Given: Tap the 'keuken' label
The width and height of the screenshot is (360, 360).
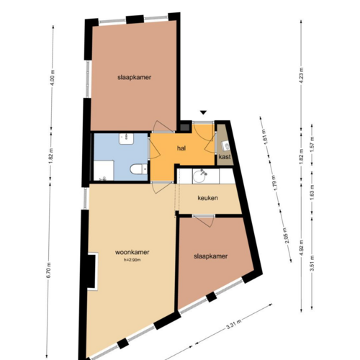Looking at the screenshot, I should point(208,198).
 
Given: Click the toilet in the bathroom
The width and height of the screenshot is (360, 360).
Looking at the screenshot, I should point(135,170).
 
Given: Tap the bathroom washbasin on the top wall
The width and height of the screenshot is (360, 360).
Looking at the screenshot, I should point(124,137).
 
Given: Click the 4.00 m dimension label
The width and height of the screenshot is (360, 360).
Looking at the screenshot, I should point(52,76).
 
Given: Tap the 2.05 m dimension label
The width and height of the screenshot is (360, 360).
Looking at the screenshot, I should point(287,250).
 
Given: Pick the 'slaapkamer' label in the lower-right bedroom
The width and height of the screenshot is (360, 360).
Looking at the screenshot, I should point(211,256).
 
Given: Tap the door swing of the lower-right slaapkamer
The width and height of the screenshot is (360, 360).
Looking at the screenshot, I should point(203,221).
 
